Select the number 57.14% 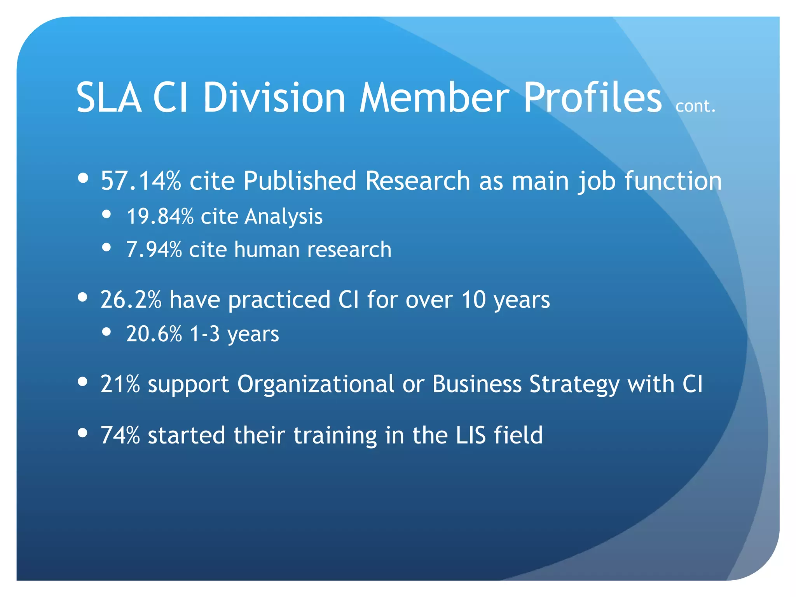point(141,181)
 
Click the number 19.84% point(160,216)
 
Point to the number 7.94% point(154,250)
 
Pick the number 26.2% point(131,300)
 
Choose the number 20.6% point(154,334)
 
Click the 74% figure point(120,435)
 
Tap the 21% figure point(120,384)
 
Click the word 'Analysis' point(283,217)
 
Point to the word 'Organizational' point(316,384)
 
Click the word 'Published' point(300,181)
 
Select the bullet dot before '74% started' point(82,433)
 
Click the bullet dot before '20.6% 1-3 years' point(106,332)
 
